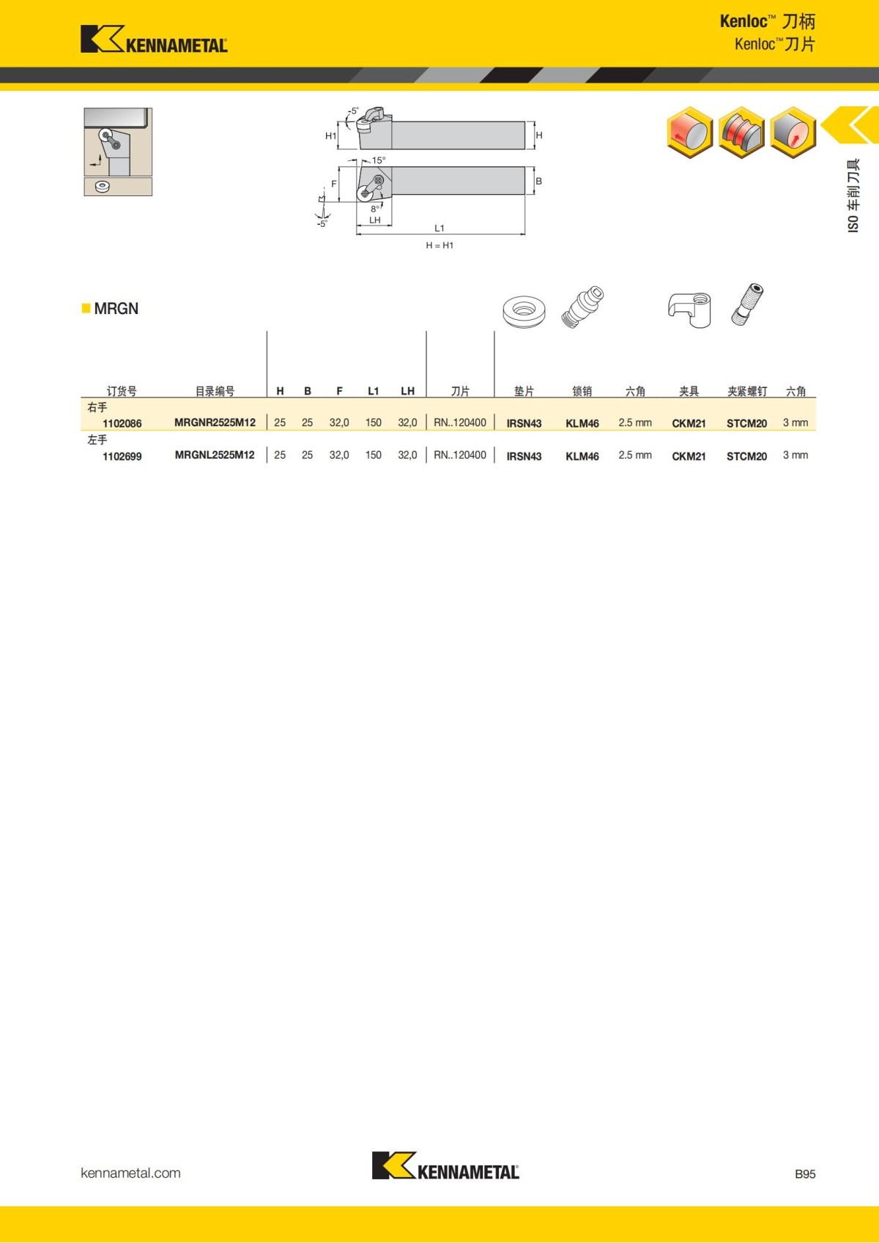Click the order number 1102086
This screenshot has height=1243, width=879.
pos(122,423)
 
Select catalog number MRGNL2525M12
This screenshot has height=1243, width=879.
pos(215,455)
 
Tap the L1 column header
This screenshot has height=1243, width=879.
pos(373,391)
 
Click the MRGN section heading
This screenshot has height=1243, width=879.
pos(116,308)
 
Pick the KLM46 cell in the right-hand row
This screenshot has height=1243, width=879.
pos(582,423)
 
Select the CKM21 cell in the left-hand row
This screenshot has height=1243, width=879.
pos(689,456)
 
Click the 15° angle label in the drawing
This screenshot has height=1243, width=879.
pos(378,160)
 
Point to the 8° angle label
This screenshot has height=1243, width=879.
pos(375,209)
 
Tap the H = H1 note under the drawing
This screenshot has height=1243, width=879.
pos(439,245)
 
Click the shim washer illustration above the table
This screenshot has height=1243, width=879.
pos(524,310)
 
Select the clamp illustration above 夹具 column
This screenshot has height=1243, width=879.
pos(689,308)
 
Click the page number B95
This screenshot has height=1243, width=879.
pos(804,1173)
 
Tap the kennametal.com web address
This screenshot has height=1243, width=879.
pos(130,1173)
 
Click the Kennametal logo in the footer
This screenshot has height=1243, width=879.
pos(445,1166)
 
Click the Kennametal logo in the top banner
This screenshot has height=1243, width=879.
pos(154,40)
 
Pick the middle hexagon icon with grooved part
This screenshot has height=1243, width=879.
pos(741,132)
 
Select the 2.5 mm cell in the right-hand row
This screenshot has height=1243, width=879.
pos(634,422)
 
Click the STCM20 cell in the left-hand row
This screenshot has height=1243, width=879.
pos(746,456)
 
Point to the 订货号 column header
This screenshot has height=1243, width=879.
pos(122,391)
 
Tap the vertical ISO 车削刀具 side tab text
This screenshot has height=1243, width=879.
pos(853,195)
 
